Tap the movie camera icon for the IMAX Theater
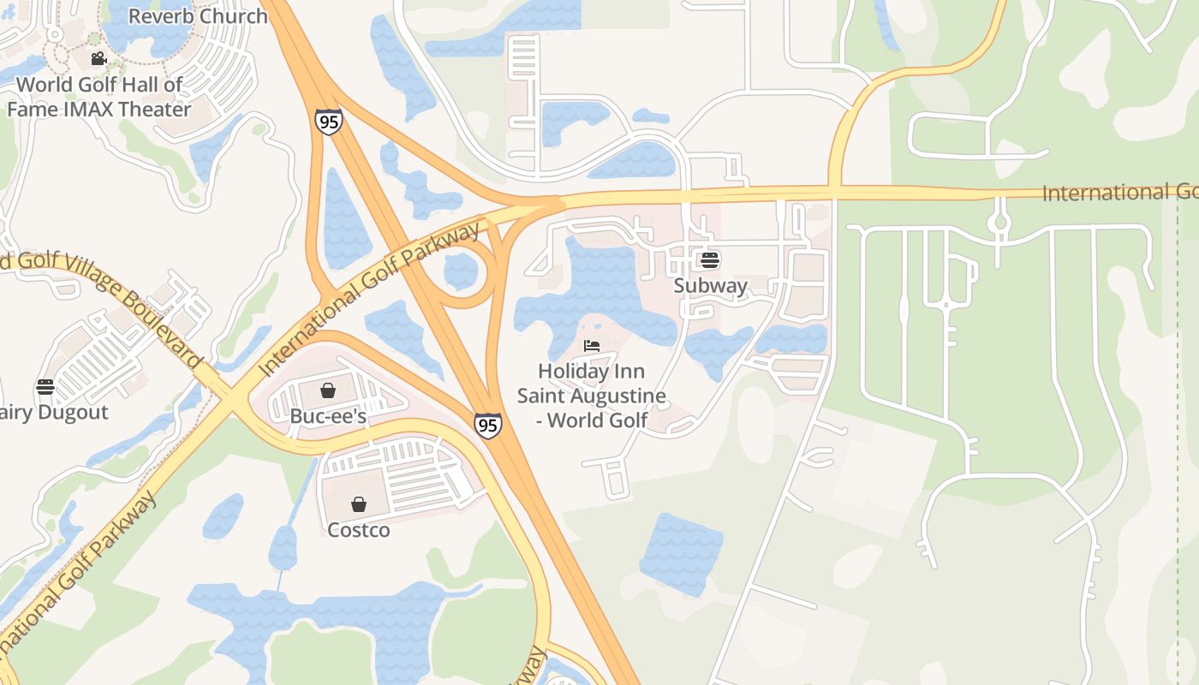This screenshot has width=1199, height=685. [x=98, y=58]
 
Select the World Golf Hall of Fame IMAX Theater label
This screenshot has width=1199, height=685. [x=99, y=97]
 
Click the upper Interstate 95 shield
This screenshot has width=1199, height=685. [x=328, y=121]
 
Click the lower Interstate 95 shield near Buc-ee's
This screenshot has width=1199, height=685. [x=487, y=425]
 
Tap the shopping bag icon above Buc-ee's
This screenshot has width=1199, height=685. [x=327, y=391]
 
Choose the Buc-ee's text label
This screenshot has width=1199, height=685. [x=328, y=417]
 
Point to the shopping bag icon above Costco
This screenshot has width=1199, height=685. [x=359, y=504]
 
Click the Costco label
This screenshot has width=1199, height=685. [x=359, y=530]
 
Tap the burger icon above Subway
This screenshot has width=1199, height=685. [x=709, y=259]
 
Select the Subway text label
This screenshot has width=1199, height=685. [x=710, y=285]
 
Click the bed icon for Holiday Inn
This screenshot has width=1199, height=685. [x=591, y=346]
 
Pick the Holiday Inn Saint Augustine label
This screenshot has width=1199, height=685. [x=591, y=396]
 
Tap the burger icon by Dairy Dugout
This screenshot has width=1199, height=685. [x=45, y=387]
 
